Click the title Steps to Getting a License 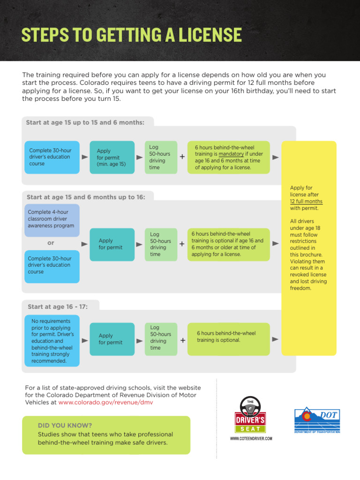132,35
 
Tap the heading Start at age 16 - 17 58,307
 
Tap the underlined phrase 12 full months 307,201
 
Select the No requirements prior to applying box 52,341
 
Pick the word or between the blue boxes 51,243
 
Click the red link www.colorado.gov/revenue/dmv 105,402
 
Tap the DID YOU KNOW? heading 59,425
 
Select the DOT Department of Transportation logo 317,420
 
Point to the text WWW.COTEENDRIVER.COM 251,439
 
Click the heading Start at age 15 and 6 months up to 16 86,197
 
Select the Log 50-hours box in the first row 161,157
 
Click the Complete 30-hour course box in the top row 52,157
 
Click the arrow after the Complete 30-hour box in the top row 85,157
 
